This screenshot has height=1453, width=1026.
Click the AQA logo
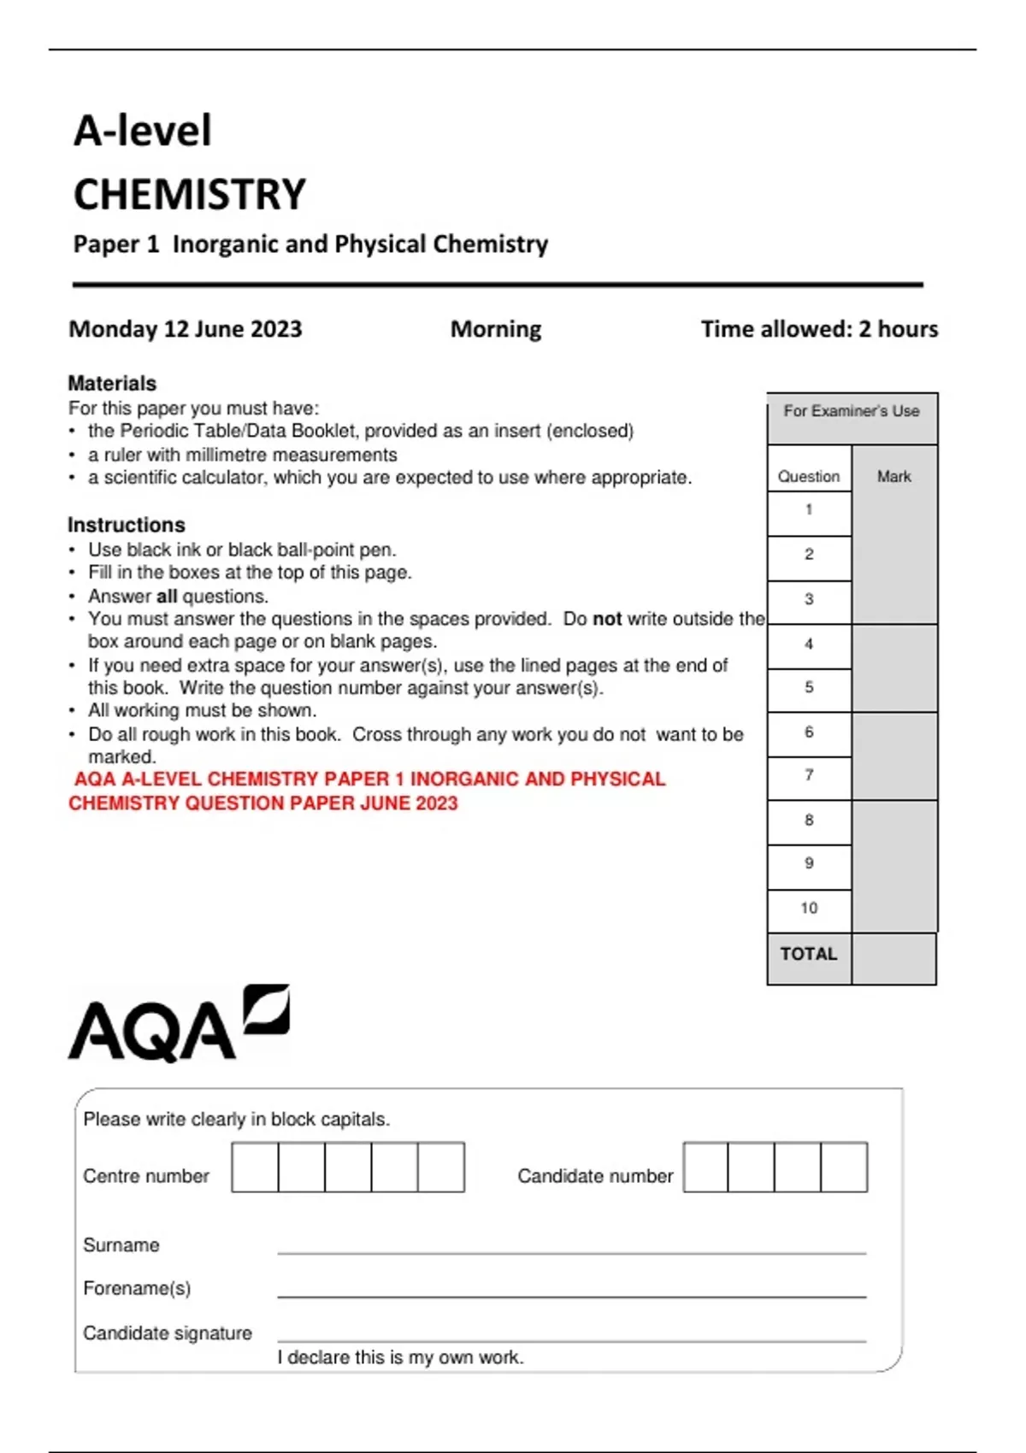(x=178, y=1025)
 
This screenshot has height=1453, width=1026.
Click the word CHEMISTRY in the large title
(x=190, y=195)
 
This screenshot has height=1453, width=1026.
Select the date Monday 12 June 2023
(x=186, y=329)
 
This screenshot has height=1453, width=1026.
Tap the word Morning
(x=496, y=329)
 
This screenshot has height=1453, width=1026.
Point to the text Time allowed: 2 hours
(x=819, y=329)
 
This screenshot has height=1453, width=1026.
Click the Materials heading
(x=112, y=383)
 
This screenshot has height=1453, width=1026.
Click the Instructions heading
(x=127, y=525)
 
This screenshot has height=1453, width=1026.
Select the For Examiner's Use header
(x=852, y=411)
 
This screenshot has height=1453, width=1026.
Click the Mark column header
(x=894, y=476)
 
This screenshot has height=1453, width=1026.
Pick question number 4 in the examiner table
(x=809, y=644)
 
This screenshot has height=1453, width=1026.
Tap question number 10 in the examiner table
(x=809, y=908)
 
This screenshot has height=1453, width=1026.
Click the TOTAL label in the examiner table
(x=809, y=954)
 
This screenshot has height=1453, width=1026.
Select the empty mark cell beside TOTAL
(x=893, y=958)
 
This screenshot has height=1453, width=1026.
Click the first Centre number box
(x=255, y=1167)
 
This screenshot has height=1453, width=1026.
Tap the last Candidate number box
(x=844, y=1167)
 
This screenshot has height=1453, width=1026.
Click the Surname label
(x=121, y=1245)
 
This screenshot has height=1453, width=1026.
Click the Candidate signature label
(x=168, y=1333)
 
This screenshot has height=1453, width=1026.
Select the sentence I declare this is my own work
(x=400, y=1357)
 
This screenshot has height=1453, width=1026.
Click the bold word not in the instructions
(x=607, y=619)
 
